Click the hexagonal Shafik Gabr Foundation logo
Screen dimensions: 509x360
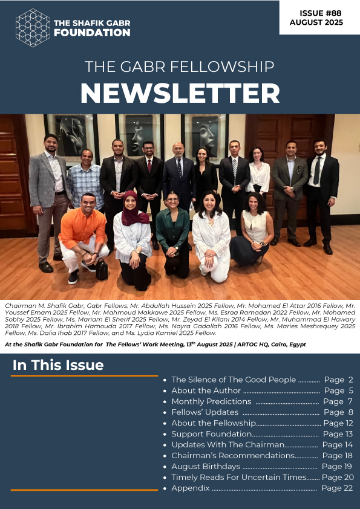[33, 28]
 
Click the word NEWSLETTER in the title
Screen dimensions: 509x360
[180, 93]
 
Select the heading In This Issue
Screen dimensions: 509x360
[58, 365]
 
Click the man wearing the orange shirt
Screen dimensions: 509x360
[83, 233]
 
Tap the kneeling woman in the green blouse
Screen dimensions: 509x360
[172, 233]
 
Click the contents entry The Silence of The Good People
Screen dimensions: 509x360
[234, 380]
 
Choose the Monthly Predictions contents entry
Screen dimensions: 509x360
[211, 401]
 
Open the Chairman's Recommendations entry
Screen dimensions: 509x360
[232, 455]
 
